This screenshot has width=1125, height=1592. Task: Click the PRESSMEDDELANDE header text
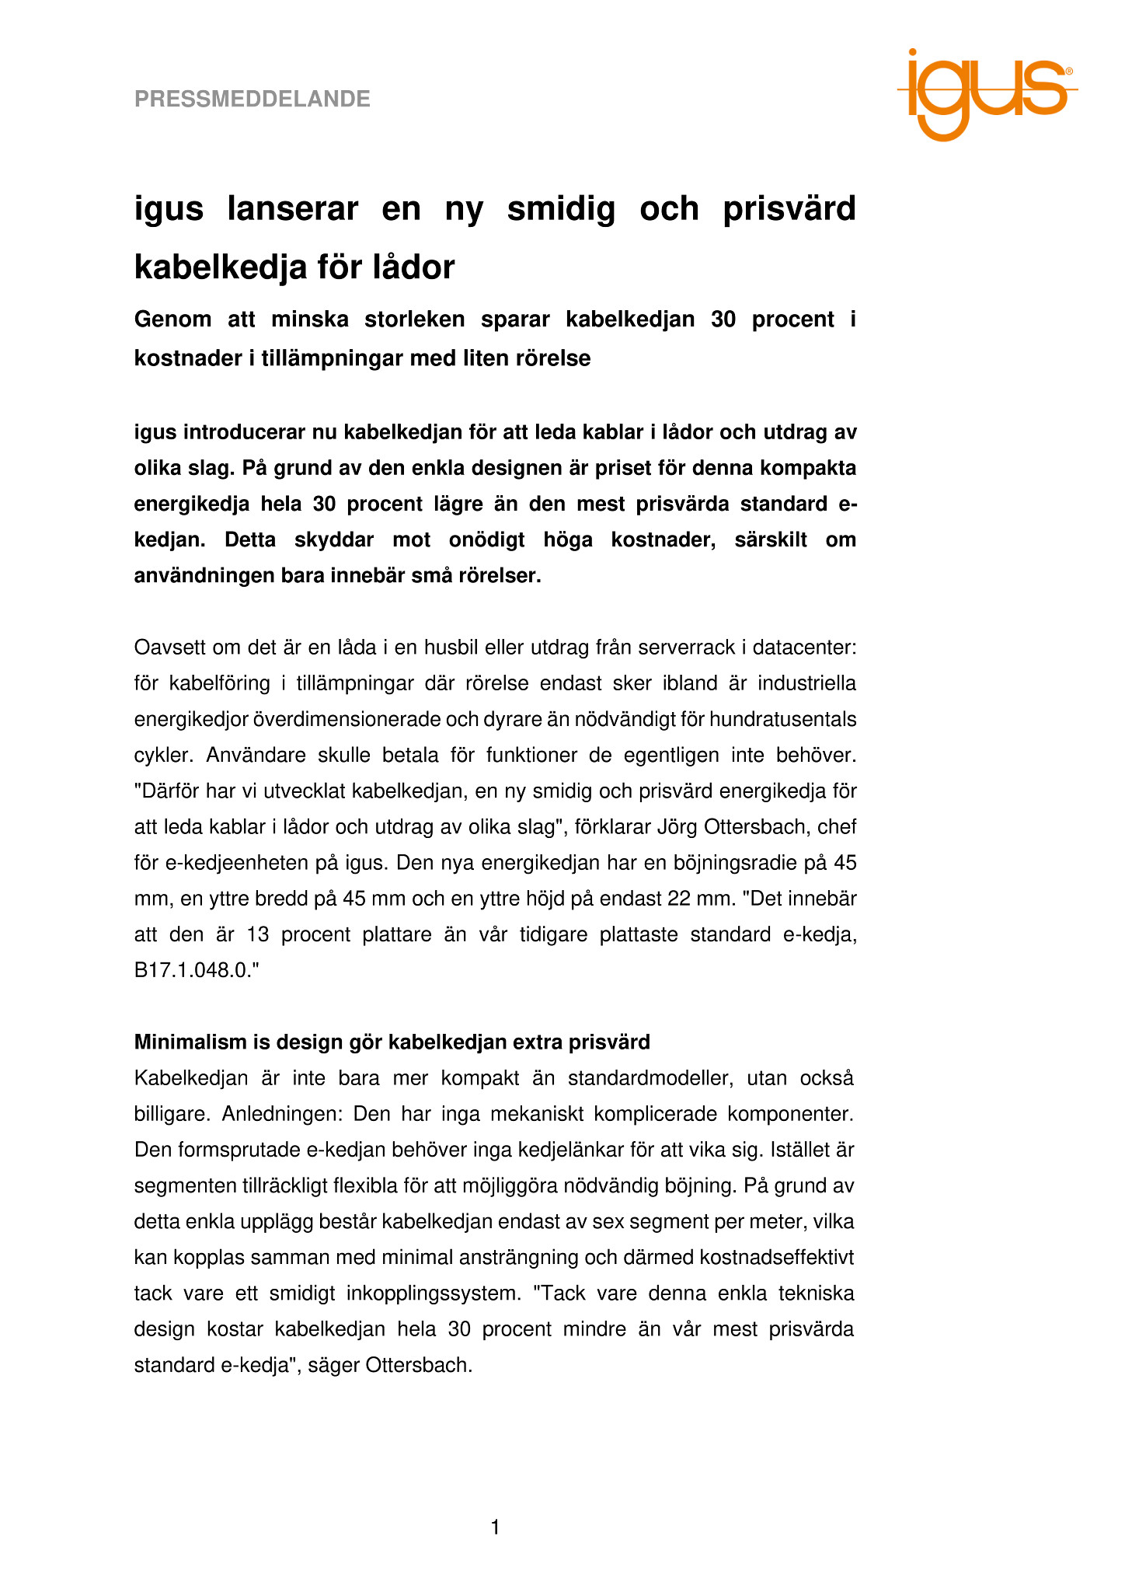(253, 99)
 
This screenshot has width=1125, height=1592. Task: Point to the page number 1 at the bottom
(496, 1527)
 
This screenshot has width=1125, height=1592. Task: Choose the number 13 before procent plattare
(257, 934)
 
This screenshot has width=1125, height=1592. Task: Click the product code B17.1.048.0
(193, 971)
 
